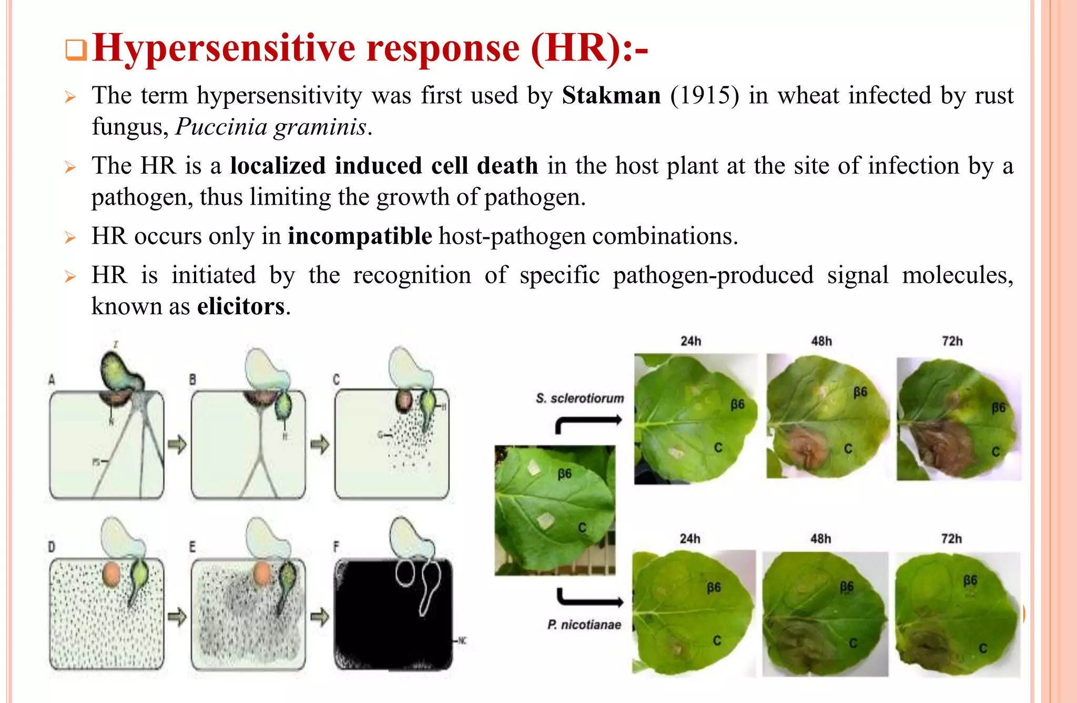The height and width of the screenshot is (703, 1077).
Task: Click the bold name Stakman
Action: pos(611,96)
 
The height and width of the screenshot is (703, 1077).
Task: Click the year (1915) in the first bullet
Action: pos(704,96)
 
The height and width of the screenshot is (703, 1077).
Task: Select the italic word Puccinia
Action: pos(221,127)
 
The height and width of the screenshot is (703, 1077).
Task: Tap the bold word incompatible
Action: pos(360,236)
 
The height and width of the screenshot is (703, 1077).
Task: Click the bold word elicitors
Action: pos(241,306)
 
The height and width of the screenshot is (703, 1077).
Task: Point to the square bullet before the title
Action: pos(76,51)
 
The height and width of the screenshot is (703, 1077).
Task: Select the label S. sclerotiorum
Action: pos(580,398)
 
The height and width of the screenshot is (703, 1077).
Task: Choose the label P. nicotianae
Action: pos(584,625)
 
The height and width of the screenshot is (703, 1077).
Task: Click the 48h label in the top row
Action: pos(821,341)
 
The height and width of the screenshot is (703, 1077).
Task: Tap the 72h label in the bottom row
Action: pos(951,539)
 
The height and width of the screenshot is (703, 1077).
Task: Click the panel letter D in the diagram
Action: pos(52,547)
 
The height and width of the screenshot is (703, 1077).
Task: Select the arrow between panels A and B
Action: pos(177,445)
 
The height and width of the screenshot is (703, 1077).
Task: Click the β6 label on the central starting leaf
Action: pos(564,474)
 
